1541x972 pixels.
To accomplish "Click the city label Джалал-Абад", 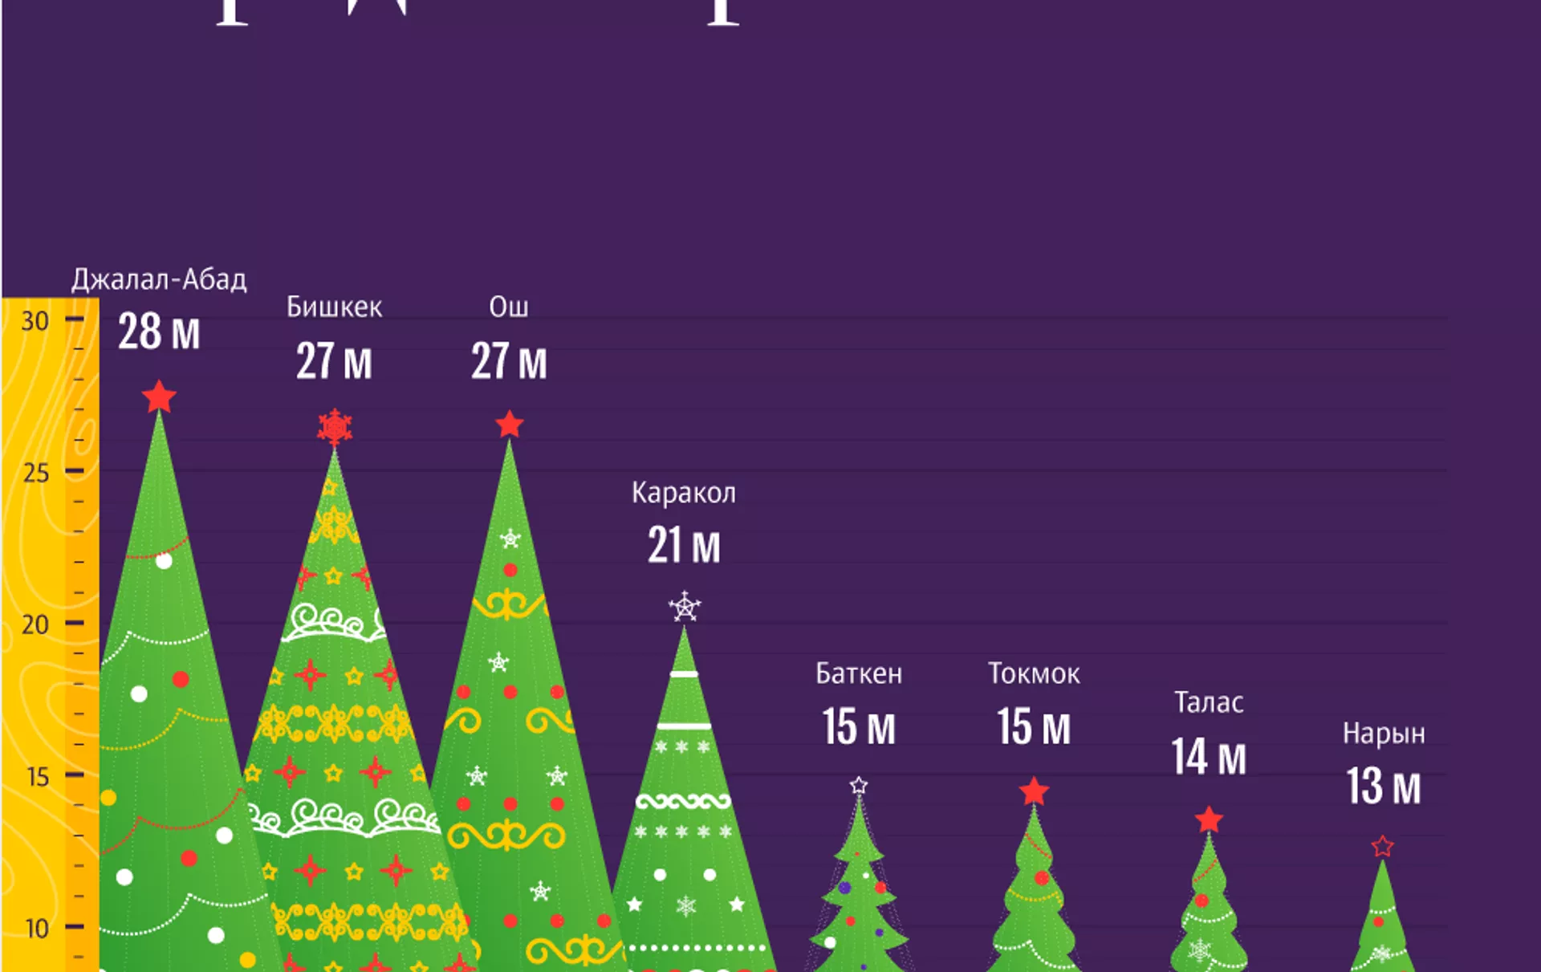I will point(159,279).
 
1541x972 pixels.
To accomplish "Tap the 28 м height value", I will point(159,331).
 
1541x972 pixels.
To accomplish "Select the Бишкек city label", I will point(334,307).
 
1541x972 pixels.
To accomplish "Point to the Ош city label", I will point(509,307).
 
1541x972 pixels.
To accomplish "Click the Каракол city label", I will point(684,493).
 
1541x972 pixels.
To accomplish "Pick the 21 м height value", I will point(684,546).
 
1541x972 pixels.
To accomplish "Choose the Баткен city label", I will point(859,674).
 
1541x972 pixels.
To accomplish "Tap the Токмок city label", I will point(1034,674).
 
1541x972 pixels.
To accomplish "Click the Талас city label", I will point(1209,703).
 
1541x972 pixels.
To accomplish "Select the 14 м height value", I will point(1209,757).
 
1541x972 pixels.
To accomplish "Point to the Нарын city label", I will point(1384,734).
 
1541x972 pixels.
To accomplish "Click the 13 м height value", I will point(1384,787).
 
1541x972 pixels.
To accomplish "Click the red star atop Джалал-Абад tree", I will point(159,397).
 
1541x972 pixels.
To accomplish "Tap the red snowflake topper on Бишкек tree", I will point(335,427).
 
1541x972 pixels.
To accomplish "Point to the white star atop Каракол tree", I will point(685,607).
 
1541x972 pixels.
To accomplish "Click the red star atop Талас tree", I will point(1209,819).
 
